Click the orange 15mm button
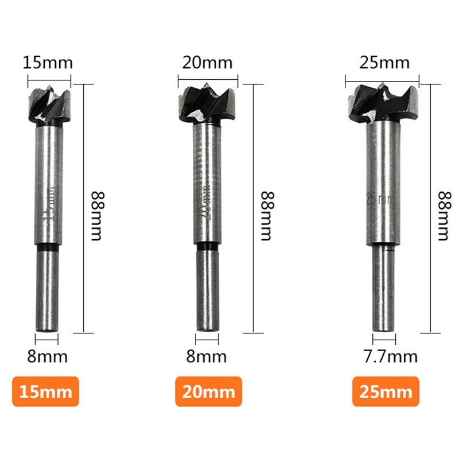45,392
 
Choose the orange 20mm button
209,392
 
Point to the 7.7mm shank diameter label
383,356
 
